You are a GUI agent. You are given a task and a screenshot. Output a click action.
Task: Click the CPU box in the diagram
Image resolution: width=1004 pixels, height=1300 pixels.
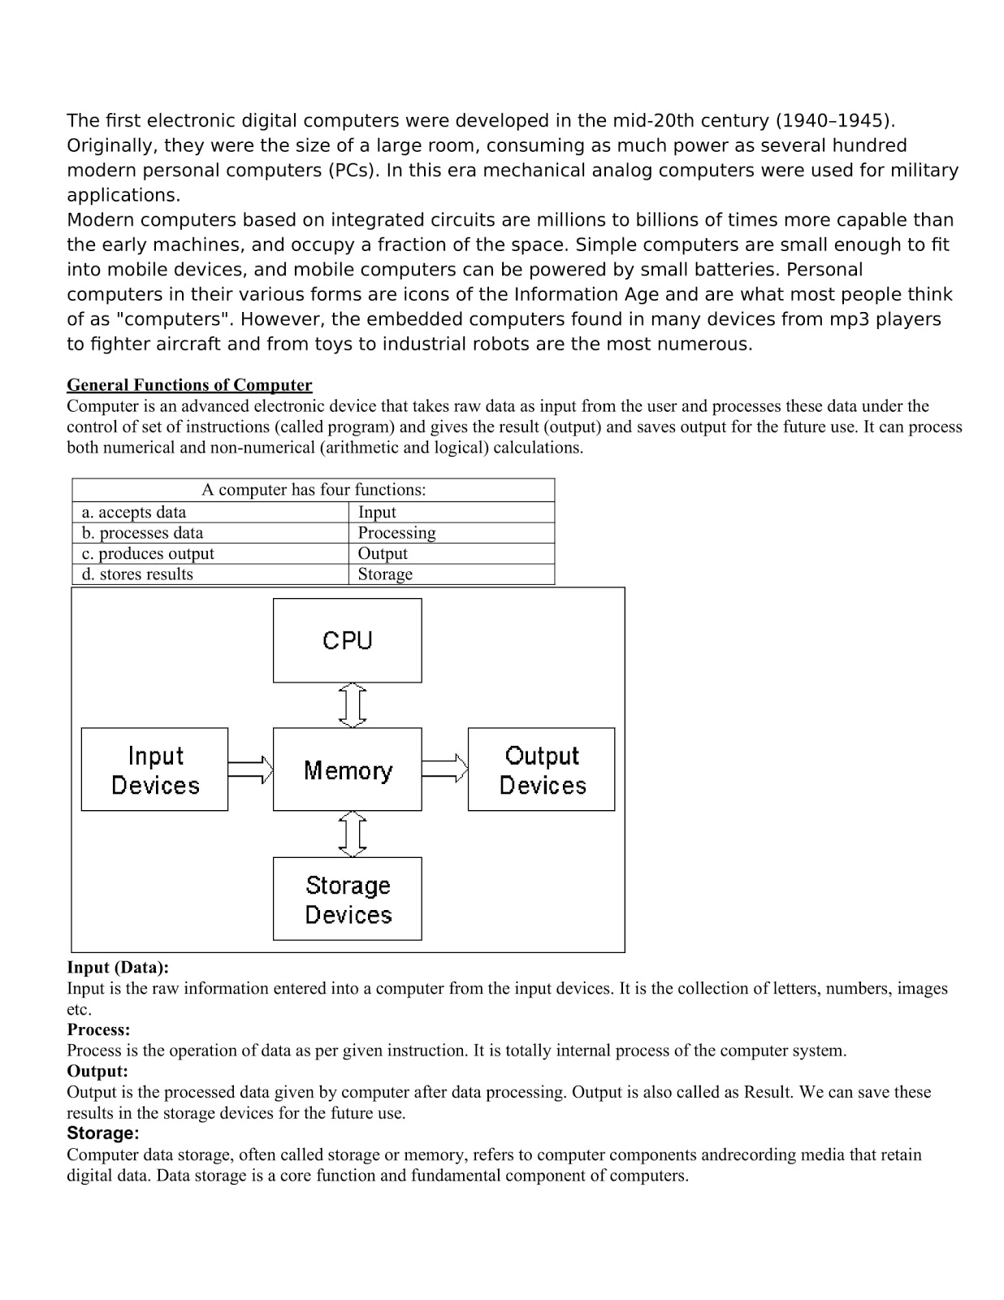(347, 640)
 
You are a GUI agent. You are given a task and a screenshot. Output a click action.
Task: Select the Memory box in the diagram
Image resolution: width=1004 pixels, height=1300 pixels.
(347, 769)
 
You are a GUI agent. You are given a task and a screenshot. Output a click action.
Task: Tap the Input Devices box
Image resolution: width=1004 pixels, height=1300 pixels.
(154, 769)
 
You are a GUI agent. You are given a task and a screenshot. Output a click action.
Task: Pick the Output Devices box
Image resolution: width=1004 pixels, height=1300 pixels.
(541, 769)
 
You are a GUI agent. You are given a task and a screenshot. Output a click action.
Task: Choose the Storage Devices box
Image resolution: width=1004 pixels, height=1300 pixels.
(347, 899)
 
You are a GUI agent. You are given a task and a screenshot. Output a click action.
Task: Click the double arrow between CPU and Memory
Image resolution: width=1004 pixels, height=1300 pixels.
(352, 704)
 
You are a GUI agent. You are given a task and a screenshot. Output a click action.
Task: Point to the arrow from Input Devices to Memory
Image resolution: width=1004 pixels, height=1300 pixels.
(250, 769)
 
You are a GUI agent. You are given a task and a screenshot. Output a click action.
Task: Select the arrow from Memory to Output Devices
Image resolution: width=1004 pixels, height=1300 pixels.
(444, 769)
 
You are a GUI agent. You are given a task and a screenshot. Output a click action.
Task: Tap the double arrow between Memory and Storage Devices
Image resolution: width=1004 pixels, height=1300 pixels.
(352, 834)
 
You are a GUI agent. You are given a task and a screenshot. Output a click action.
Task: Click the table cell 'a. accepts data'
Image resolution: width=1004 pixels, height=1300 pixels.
(134, 512)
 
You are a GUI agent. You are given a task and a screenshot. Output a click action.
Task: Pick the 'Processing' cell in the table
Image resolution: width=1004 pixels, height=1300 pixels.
(396, 533)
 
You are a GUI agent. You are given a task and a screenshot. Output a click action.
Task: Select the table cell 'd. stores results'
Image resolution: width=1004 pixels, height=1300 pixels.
(137, 574)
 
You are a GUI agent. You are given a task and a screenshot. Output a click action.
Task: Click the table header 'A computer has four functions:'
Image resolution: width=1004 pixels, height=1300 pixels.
(314, 490)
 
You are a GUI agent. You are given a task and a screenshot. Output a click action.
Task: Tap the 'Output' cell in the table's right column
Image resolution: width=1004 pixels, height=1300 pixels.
(383, 553)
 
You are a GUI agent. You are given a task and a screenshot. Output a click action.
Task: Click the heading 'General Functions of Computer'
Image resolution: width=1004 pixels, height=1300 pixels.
(189, 385)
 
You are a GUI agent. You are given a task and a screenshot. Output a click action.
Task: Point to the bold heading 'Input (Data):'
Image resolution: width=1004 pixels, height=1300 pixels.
(118, 968)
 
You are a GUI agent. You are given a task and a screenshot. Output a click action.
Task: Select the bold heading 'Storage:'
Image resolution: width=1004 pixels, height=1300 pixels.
(102, 1133)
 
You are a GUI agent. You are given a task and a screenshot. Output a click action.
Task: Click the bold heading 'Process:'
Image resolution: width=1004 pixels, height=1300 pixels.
(98, 1029)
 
